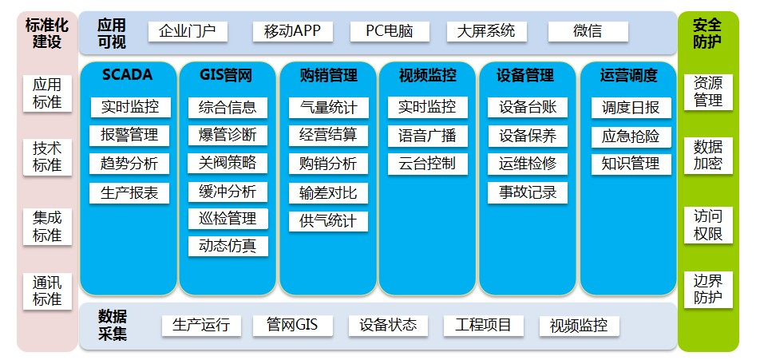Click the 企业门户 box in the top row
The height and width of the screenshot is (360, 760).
tap(187, 31)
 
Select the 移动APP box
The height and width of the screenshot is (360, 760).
tap(293, 31)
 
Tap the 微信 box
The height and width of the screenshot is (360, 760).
tap(588, 31)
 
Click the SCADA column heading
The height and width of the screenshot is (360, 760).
tap(128, 74)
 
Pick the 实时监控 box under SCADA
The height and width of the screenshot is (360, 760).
tap(130, 107)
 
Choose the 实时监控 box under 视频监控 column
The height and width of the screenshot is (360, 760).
tap(427, 107)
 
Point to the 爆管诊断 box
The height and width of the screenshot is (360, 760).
tap(228, 135)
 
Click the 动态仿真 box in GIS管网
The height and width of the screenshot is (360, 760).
tap(228, 246)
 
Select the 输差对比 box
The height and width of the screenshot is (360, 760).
tap(328, 193)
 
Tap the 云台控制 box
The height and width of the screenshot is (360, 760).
tap(427, 164)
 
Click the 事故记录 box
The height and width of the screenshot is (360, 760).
tap(528, 193)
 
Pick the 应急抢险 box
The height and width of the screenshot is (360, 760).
tap(631, 136)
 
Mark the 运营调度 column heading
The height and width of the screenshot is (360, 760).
tap(628, 76)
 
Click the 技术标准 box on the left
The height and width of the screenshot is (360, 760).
tap(47, 157)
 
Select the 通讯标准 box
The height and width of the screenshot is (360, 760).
tap(47, 291)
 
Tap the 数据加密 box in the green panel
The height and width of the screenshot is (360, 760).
tap(708, 155)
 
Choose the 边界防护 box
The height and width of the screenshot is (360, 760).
tap(708, 289)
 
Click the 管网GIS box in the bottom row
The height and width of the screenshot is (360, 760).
tap(293, 326)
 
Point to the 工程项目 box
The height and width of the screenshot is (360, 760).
tap(483, 326)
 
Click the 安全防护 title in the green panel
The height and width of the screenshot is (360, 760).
tap(707, 33)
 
